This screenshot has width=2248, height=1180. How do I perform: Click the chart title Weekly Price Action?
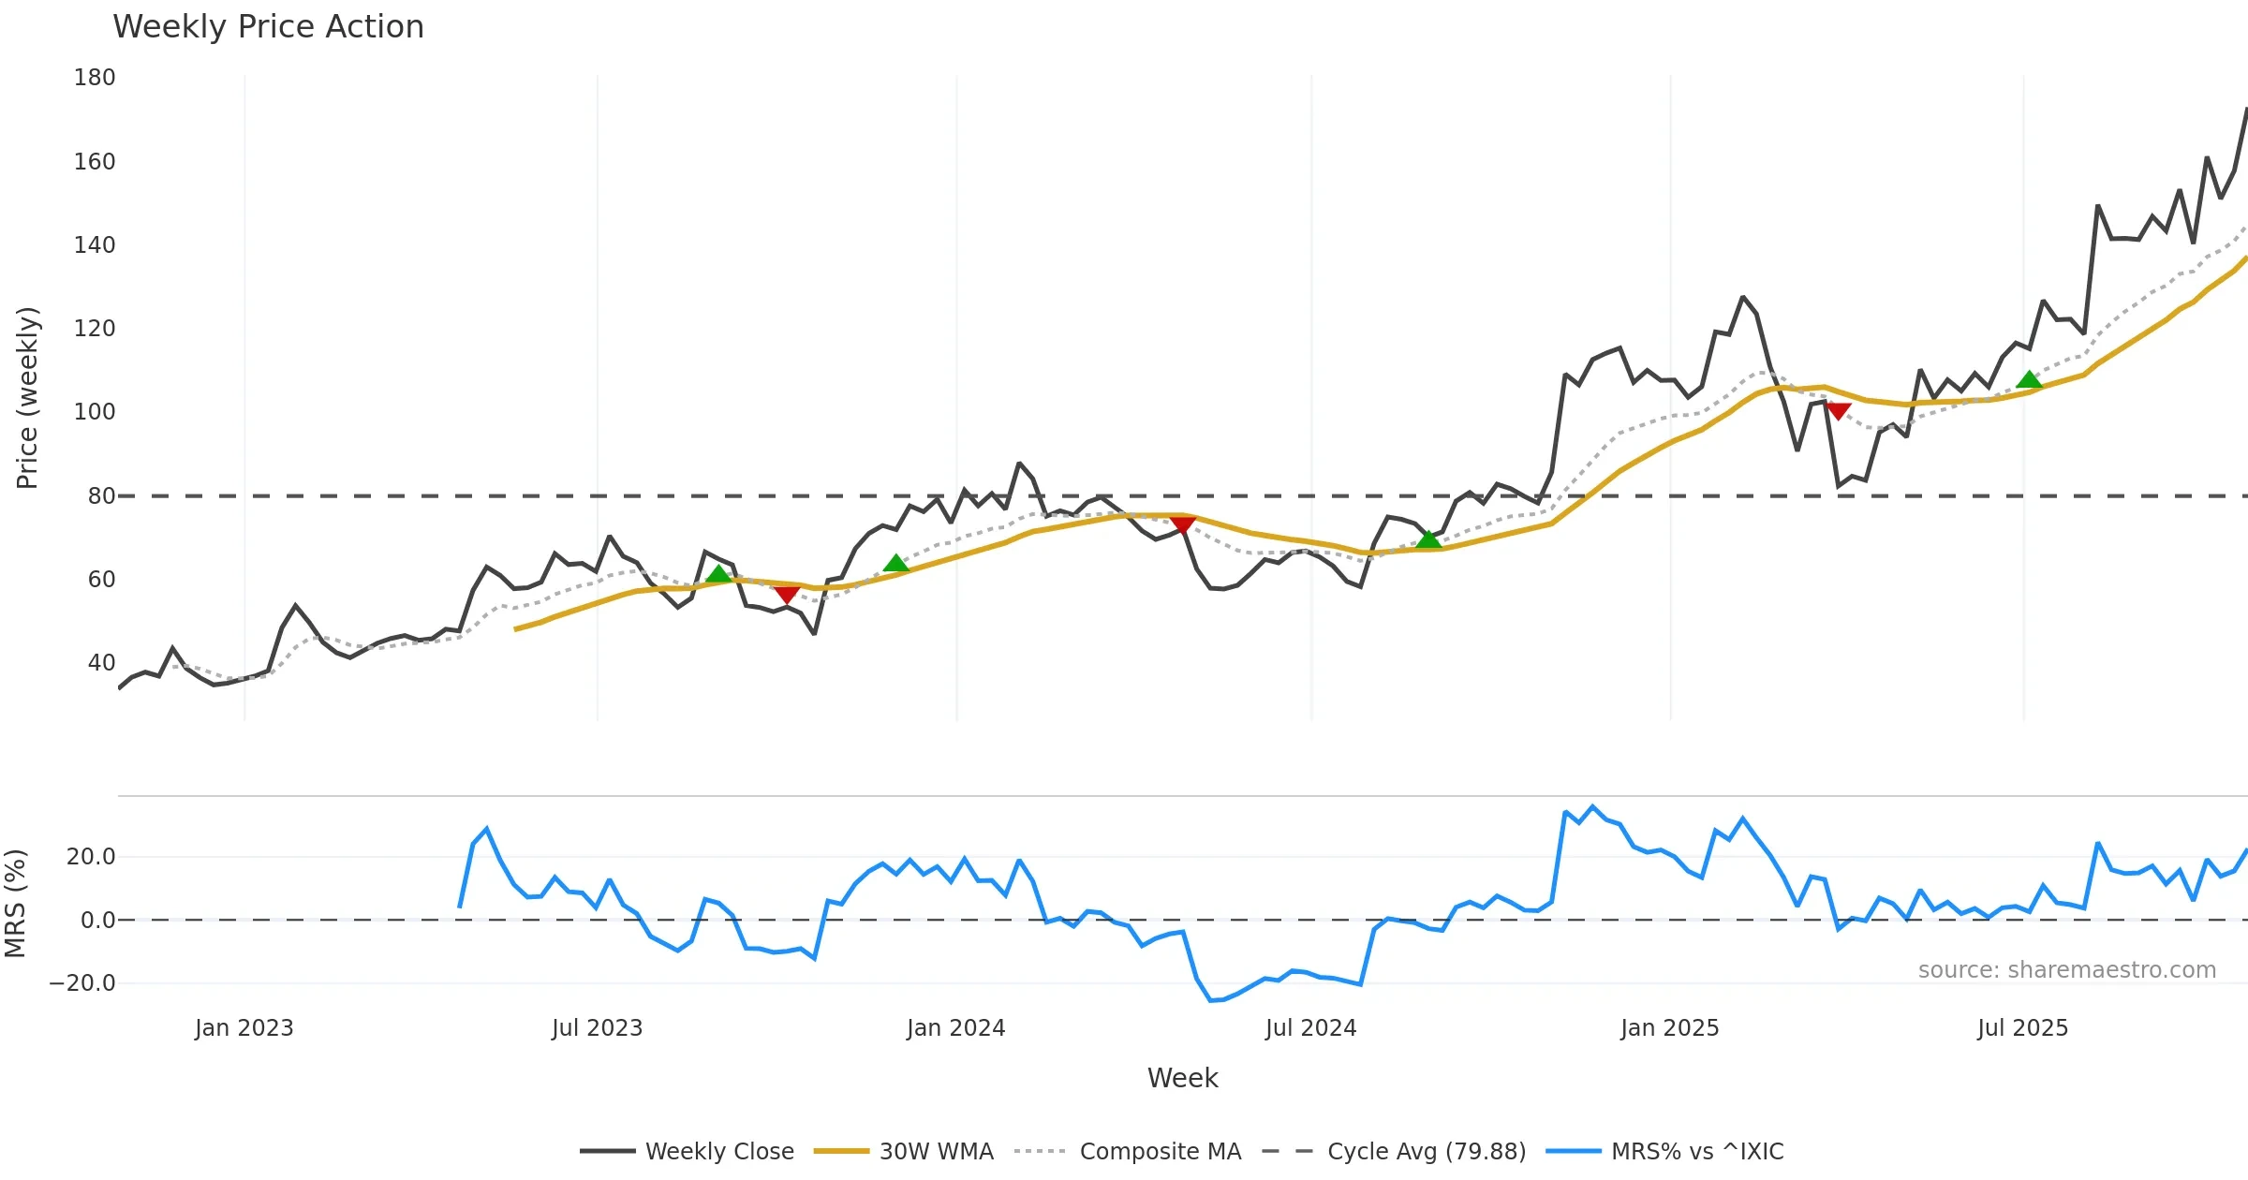click(268, 27)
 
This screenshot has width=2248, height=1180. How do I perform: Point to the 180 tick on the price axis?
click(95, 78)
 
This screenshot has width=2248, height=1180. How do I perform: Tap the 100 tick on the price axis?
click(95, 412)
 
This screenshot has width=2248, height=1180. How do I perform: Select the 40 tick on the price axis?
click(101, 663)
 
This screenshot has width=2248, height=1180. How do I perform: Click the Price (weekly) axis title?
click(27, 398)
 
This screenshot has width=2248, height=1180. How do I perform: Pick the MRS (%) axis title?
click(15, 904)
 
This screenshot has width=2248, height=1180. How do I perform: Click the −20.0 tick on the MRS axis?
click(82, 983)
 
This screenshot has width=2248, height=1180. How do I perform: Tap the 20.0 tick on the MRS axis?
click(91, 857)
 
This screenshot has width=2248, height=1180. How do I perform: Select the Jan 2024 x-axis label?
click(955, 1028)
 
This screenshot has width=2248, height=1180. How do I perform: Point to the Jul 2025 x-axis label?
click(2022, 1028)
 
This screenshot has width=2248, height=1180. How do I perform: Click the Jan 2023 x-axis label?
click(244, 1028)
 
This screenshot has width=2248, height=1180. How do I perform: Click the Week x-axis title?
click(1182, 1079)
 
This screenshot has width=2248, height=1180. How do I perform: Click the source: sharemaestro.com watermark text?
click(2066, 970)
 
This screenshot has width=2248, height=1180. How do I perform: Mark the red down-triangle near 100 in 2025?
click(1838, 411)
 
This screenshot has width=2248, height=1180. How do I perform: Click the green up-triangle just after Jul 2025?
click(2029, 379)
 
